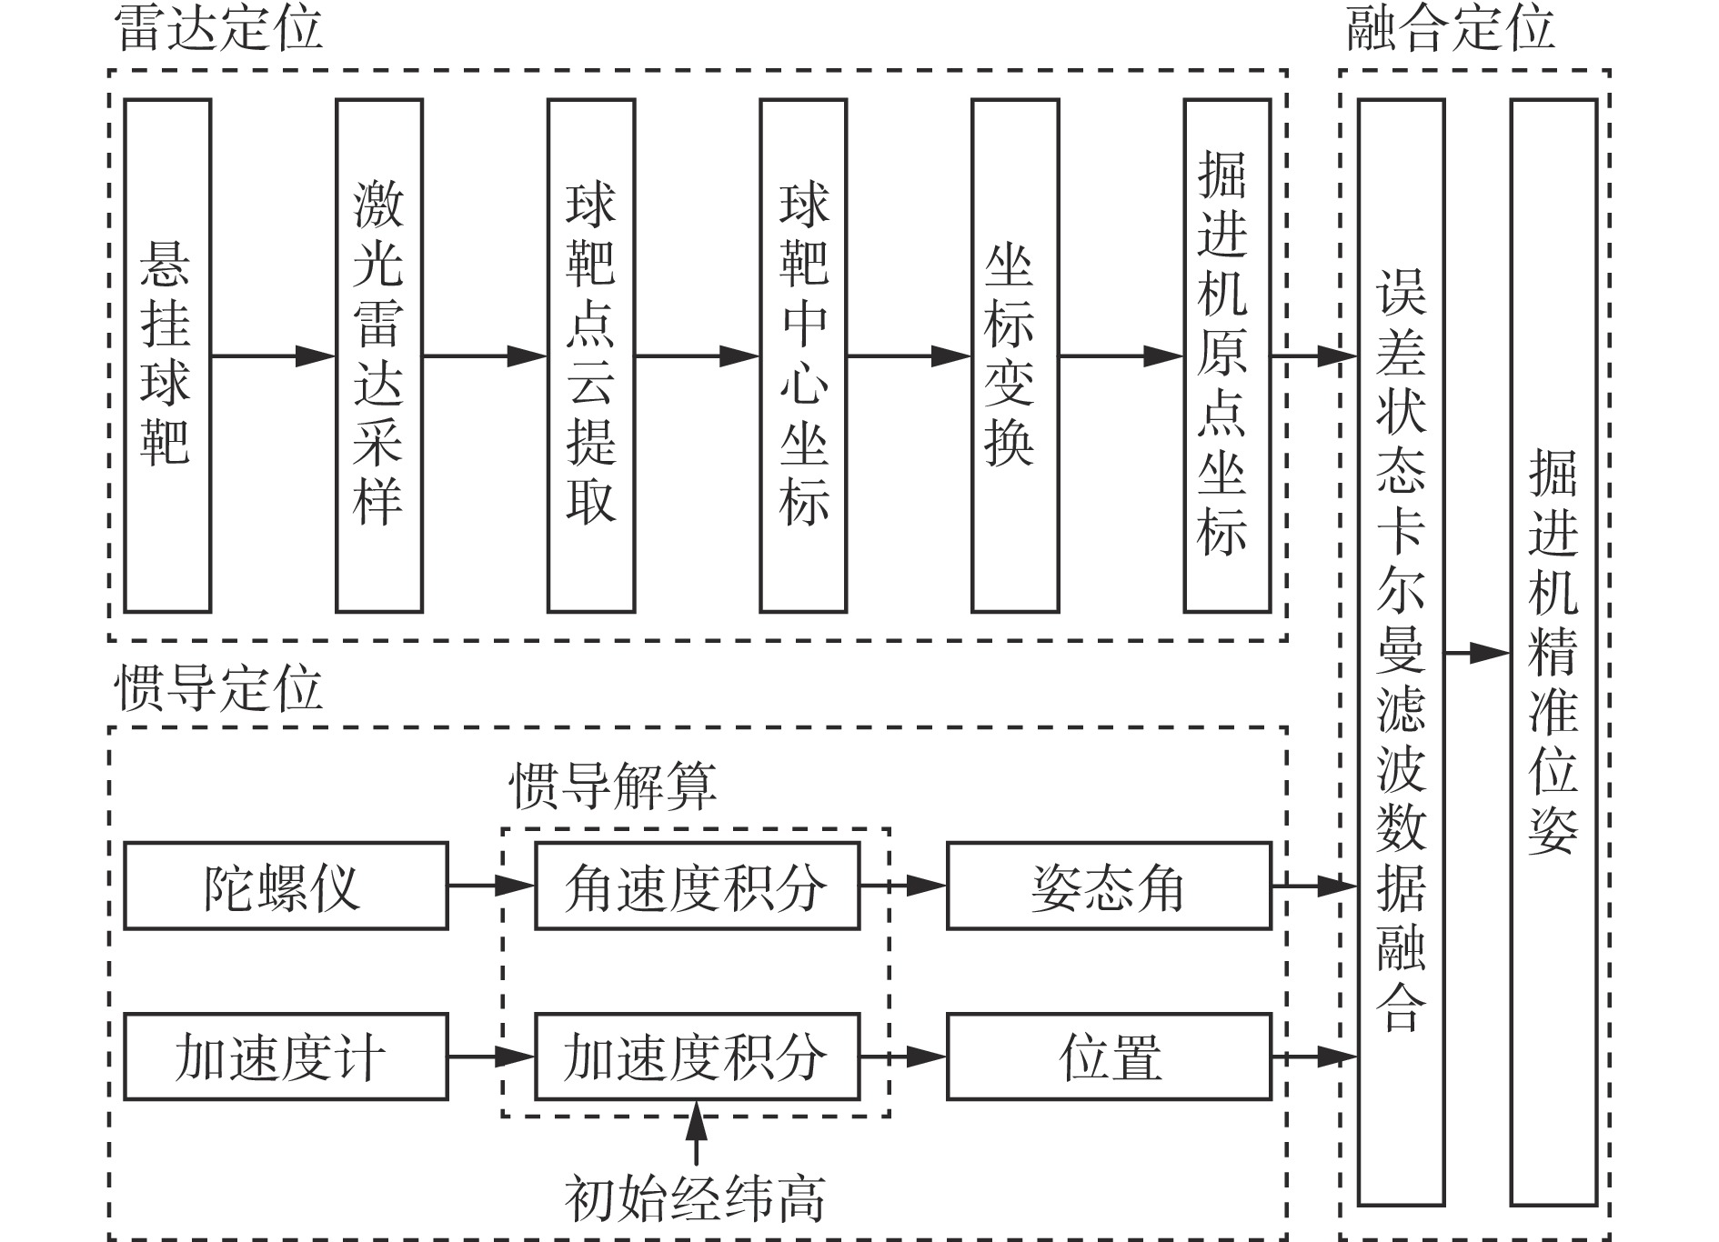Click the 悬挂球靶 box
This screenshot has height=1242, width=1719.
(x=167, y=356)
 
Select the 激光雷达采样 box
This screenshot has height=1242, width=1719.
(x=379, y=356)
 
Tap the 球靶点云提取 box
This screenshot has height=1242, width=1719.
(x=591, y=356)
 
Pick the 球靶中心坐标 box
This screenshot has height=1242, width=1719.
(x=803, y=356)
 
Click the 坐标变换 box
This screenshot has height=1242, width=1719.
(x=1015, y=356)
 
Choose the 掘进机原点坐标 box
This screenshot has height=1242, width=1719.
(x=1227, y=356)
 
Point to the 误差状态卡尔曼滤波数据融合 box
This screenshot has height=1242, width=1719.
(x=1401, y=652)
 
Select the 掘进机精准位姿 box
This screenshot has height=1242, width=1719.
(x=1553, y=652)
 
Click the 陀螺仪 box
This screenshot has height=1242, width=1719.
(x=286, y=886)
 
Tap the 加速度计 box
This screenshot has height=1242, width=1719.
(x=286, y=1057)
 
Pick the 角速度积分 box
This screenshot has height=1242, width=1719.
(x=697, y=886)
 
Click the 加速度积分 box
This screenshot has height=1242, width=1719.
(x=697, y=1057)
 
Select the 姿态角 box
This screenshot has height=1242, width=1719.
(x=1109, y=886)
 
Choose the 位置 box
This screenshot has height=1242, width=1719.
(x=1109, y=1057)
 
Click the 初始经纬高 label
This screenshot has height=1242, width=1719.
(x=696, y=1199)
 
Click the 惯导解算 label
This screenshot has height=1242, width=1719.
(x=613, y=786)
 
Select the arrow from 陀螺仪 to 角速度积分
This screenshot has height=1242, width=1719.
(x=491, y=884)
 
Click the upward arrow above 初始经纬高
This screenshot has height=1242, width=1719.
(x=696, y=1133)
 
